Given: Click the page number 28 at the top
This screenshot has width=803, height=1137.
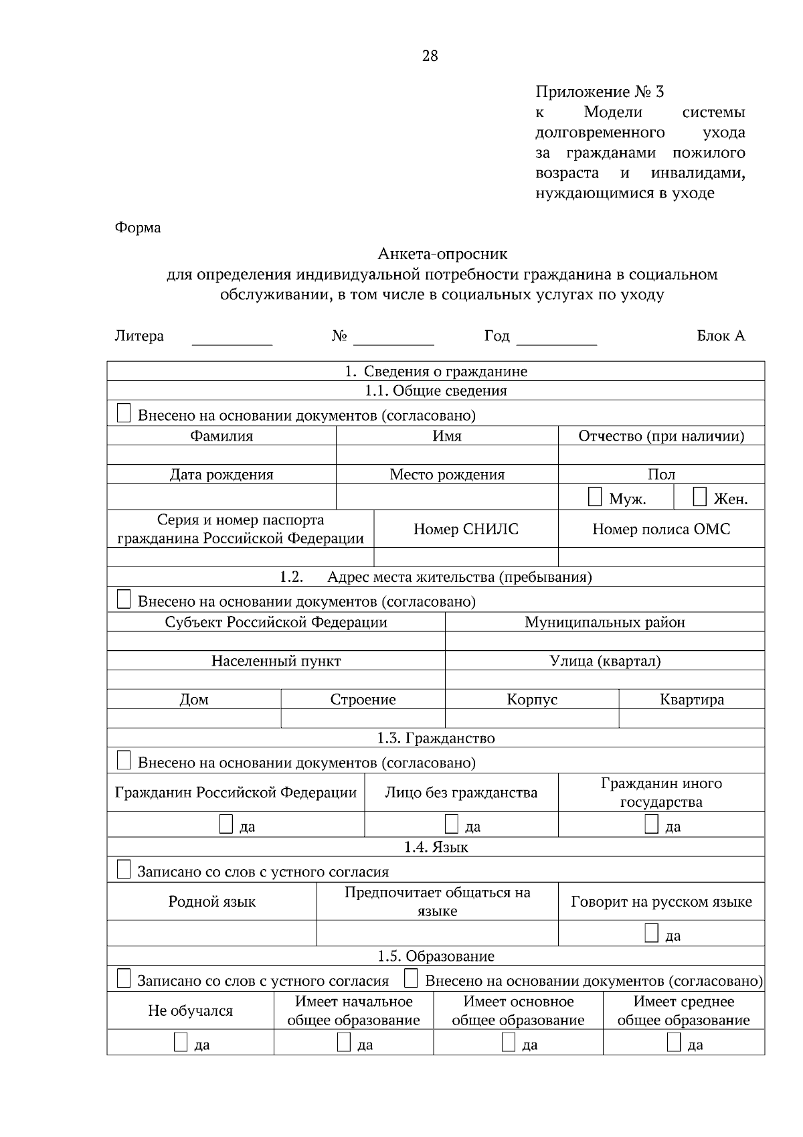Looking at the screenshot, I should pos(430,56).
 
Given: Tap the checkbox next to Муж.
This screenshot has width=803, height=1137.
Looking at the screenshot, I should pos(595,497).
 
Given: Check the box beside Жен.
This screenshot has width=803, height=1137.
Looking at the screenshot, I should pos(699,497).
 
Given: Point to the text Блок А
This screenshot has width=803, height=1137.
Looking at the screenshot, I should pos(720,336).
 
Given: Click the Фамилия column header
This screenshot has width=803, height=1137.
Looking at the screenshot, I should pos(221,436).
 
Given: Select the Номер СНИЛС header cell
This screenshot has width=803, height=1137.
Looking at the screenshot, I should pos(466,529).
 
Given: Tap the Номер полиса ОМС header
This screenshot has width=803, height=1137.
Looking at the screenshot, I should pos(661,529).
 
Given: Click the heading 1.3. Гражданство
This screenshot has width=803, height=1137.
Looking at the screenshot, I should pos(436,738).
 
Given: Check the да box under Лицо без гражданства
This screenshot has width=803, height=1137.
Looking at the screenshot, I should pos(452,824).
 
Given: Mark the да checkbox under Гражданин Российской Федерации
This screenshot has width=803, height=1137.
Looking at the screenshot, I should pos(227,824).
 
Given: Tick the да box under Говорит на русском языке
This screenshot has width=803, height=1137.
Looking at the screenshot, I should pos(651,933).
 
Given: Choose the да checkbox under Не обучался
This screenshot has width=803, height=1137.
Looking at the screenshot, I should pos(181,1042).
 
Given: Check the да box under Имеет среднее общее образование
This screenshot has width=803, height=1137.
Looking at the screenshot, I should pos(674,1042).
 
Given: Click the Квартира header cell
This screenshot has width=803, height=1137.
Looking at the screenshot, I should pos(691,700).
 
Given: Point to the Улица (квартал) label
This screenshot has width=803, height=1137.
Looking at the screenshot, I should pos(605,661).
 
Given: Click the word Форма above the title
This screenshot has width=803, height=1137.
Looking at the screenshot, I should pos(138,228).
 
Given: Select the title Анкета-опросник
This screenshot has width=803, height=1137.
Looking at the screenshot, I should pos(442,254).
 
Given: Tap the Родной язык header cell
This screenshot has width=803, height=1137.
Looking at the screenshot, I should pos(211,902).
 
